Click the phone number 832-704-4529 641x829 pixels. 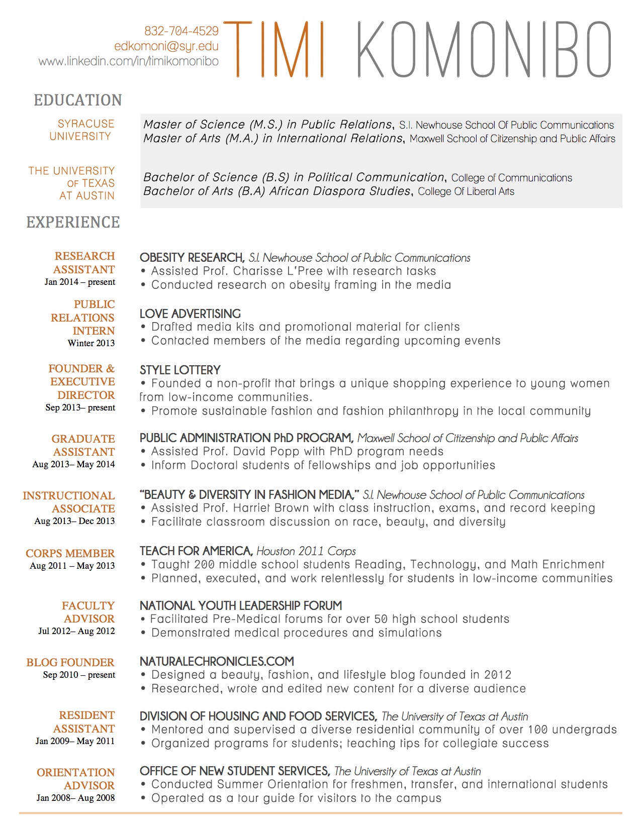click(x=181, y=31)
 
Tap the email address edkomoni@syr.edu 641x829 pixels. click(x=166, y=46)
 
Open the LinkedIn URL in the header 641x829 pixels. click(x=129, y=61)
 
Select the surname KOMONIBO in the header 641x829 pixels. click(x=484, y=49)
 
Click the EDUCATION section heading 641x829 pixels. click(x=78, y=100)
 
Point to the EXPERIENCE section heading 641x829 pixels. click(x=73, y=222)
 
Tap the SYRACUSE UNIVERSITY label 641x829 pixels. click(x=81, y=130)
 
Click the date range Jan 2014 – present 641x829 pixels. click(x=80, y=282)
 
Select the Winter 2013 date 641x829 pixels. click(x=91, y=343)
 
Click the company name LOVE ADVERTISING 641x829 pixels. click(x=190, y=314)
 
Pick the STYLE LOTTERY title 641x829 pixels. click(x=180, y=370)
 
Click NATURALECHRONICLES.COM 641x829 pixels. click(x=217, y=662)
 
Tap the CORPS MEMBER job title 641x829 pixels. click(x=70, y=553)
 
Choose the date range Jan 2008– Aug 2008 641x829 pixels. click(x=75, y=798)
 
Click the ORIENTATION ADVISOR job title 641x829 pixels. click(x=76, y=779)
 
